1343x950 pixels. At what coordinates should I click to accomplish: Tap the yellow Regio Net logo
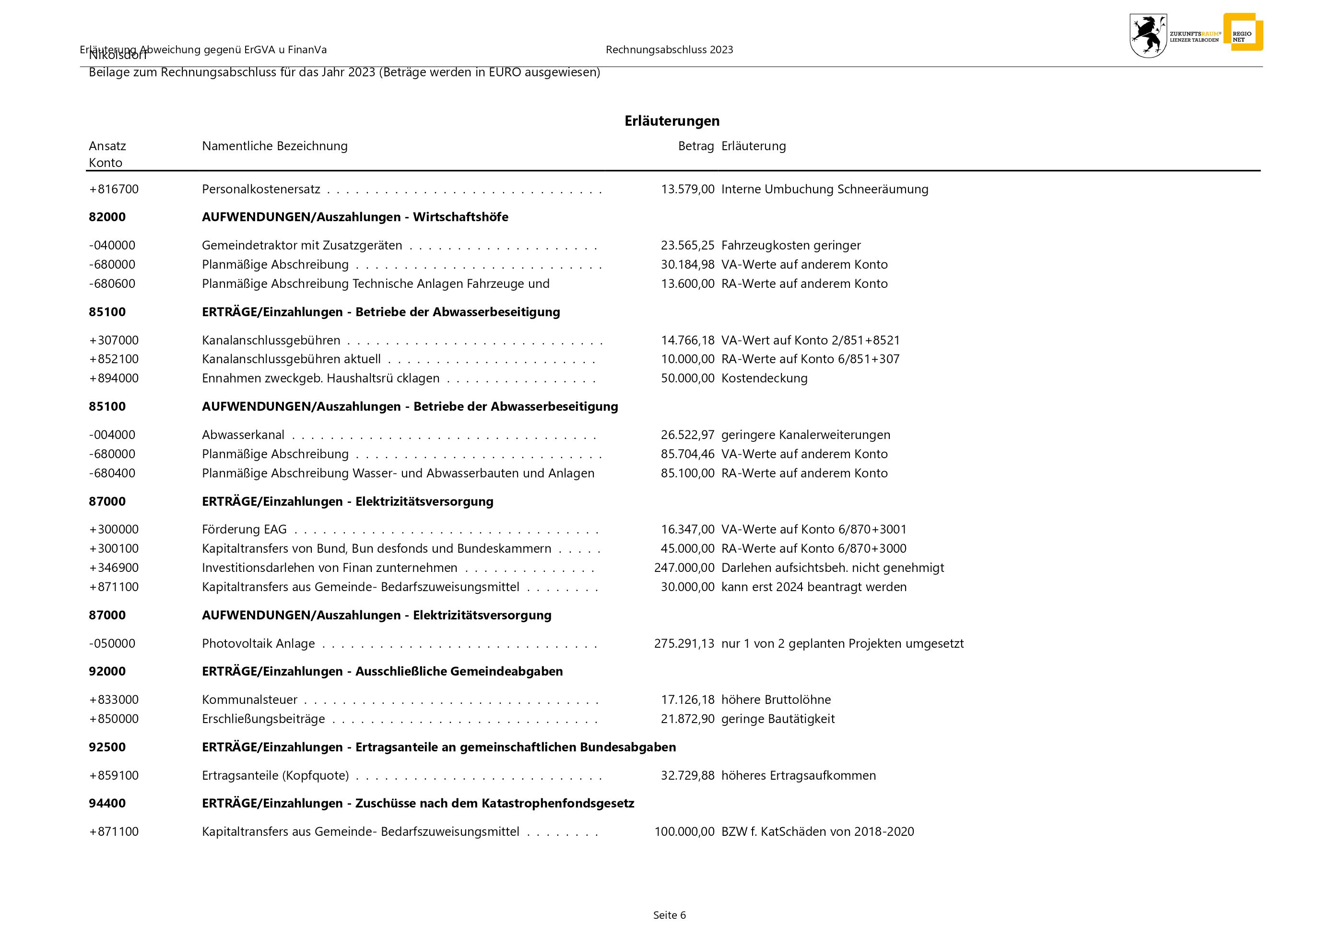coord(1242,32)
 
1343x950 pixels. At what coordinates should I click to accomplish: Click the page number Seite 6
coord(669,915)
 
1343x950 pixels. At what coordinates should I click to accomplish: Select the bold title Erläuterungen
coord(671,121)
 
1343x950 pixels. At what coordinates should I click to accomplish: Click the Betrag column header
coord(695,146)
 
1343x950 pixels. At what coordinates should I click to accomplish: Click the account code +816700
coord(114,189)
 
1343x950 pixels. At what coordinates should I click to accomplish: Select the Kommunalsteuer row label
coord(249,700)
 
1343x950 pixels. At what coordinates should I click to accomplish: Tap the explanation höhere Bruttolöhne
coord(776,700)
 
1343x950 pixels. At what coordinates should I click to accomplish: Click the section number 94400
coord(107,803)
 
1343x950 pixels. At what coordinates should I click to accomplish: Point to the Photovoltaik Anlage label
coord(258,643)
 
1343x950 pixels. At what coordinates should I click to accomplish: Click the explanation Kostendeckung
coord(764,378)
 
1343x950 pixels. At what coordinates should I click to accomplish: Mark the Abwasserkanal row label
coord(243,435)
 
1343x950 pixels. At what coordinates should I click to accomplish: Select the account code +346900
coord(114,568)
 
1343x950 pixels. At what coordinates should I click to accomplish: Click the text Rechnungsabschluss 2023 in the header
coord(669,50)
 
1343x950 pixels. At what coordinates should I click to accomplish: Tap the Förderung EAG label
coord(244,529)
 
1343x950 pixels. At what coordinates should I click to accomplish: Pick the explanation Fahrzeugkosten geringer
coord(791,245)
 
